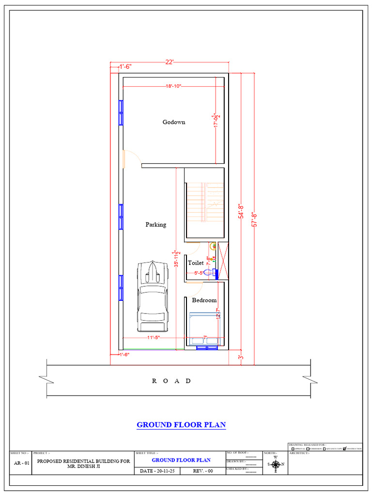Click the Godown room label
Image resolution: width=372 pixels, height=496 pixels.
(174, 122)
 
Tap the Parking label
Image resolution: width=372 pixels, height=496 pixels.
(156, 224)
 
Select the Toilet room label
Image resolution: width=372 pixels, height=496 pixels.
(196, 263)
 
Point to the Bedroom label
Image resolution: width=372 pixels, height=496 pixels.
(204, 300)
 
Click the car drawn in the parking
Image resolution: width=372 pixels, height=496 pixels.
(153, 295)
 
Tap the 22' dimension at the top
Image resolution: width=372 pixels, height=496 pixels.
(169, 62)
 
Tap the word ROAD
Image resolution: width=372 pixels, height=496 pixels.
(172, 381)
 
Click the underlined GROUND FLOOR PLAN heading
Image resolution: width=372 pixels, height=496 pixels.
(181, 425)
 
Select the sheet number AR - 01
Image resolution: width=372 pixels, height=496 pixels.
(20, 463)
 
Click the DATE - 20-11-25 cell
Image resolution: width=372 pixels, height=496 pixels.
(158, 471)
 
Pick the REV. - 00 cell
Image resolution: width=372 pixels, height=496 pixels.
(203, 471)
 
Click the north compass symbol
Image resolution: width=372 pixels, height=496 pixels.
(276, 464)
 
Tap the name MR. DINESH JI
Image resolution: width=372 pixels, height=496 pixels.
(83, 466)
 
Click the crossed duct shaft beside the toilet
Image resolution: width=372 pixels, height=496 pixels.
(223, 261)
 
